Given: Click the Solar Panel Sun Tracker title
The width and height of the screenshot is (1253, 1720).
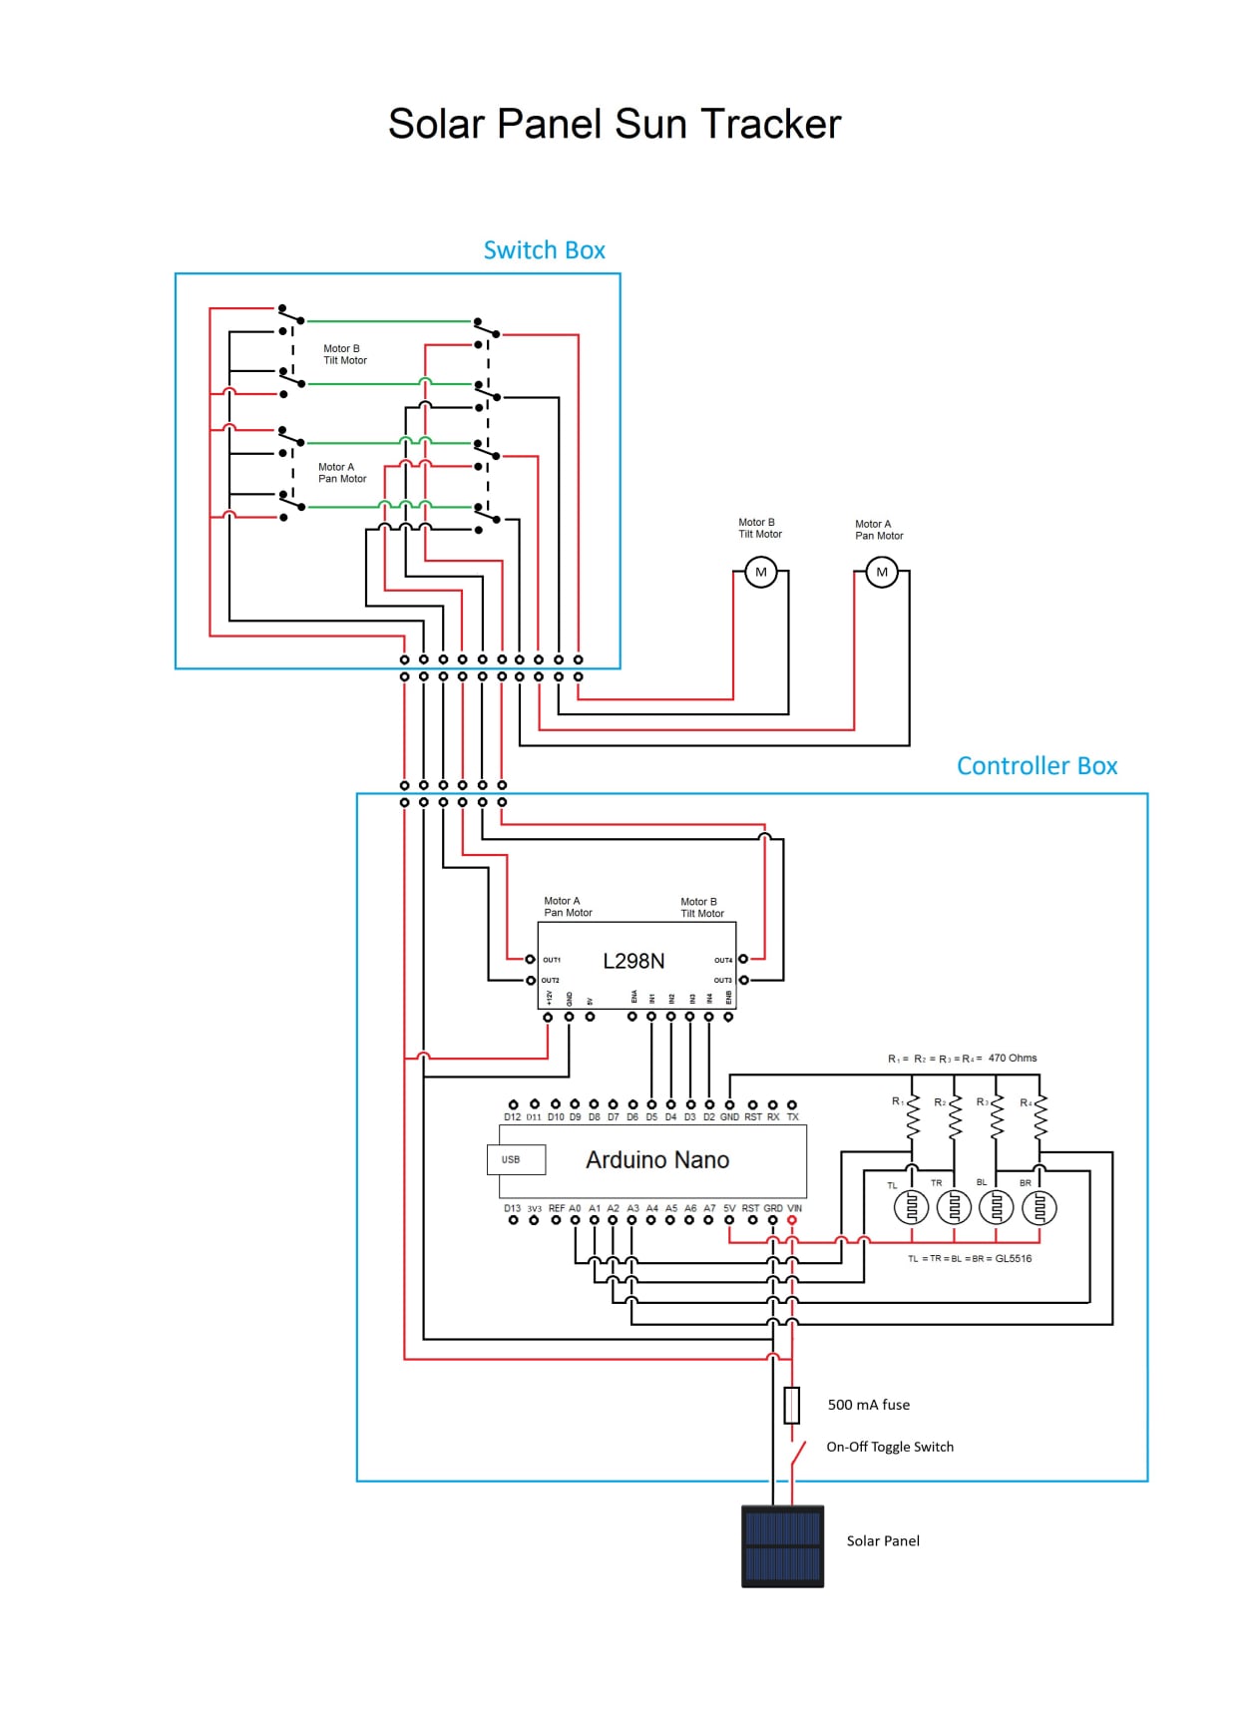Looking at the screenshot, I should point(615,125).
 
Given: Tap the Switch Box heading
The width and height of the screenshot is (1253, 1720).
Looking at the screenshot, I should point(544,250).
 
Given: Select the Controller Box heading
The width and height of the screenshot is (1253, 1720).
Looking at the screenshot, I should point(1037,766).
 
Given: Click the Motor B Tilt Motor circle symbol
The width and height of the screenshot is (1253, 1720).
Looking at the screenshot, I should point(761,573).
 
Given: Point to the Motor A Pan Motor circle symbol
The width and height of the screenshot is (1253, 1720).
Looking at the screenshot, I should point(882,573).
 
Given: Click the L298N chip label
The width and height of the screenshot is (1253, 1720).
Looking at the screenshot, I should point(633,961).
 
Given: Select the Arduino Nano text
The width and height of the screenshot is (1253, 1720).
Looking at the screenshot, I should point(657,1160).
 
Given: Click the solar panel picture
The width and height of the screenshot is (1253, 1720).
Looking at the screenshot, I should point(783,1546).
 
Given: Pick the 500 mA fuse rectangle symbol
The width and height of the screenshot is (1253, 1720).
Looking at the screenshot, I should point(792,1405).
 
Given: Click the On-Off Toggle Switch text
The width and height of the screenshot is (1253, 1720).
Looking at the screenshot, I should point(890,1447).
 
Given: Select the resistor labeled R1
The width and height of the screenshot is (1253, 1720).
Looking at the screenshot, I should point(912,1117).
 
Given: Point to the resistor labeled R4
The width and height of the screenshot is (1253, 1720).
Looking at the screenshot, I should point(1040,1117).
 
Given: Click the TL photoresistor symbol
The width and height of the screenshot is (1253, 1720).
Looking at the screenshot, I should point(911,1207).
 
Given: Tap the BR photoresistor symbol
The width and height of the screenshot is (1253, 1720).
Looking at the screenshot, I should point(1039,1207).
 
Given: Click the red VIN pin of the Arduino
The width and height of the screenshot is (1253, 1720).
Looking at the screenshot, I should point(792,1220).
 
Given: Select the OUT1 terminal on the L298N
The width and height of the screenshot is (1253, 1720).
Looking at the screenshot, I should point(531,960).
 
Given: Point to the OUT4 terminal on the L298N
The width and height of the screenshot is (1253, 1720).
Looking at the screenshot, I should point(743,960).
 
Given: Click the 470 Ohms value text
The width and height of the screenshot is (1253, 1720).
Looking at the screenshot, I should point(1013,1059).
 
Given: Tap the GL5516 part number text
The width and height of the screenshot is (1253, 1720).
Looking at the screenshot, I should point(1014,1259).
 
